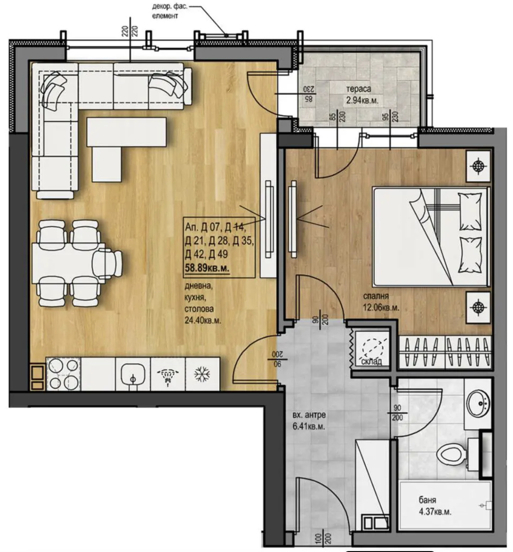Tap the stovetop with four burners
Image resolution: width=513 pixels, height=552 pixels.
tap(63, 374)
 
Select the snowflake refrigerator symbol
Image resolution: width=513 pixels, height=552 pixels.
tap(202, 374)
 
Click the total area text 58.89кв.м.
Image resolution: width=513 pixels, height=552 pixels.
tap(207, 268)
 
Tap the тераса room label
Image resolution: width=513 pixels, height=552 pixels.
tap(358, 89)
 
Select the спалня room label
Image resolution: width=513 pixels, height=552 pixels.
tap(376, 296)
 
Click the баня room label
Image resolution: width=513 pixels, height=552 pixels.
tap(427, 500)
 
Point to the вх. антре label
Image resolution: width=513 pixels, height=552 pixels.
tap(309, 415)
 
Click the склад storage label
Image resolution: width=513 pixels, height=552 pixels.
tap(371, 362)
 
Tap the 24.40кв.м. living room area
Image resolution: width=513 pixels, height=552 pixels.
tap(203, 321)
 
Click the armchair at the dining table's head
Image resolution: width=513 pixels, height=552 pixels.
tap(107, 263)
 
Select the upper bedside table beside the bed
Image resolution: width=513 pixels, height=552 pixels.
tap(478, 166)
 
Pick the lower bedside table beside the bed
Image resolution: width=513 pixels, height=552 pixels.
tap(478, 307)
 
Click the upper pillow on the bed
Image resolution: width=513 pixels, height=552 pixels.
tap(470, 212)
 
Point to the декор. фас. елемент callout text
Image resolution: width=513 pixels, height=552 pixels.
tap(169, 11)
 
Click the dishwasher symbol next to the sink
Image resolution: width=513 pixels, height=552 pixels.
tap(168, 374)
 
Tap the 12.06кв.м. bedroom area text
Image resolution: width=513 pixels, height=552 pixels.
tap(381, 307)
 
